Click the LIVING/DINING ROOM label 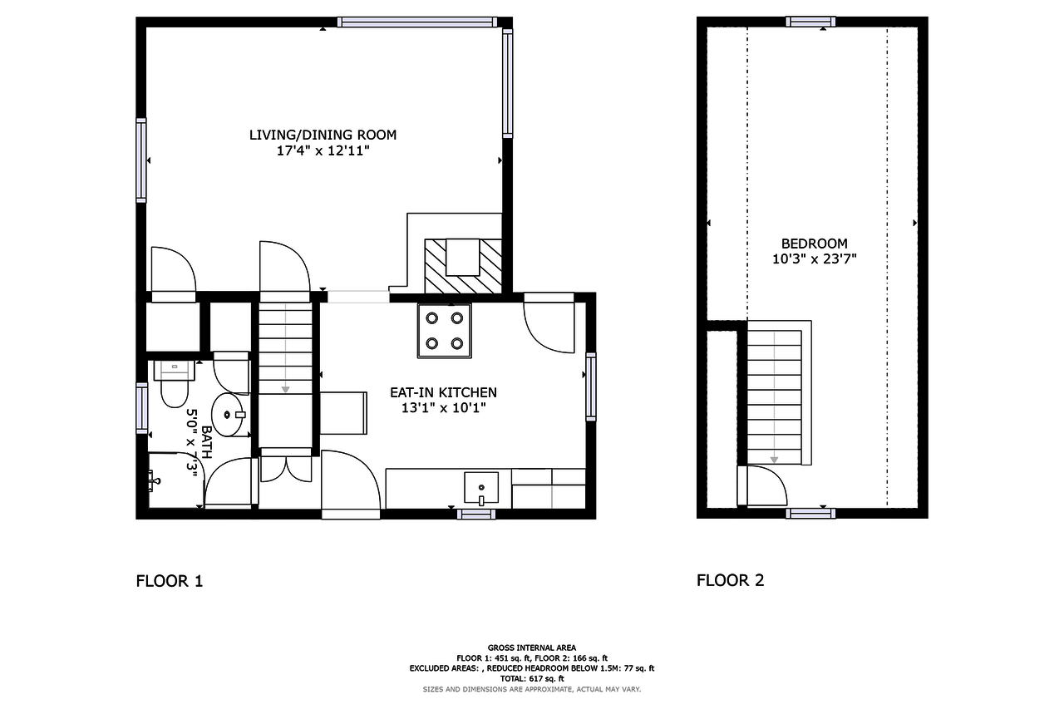point(323,135)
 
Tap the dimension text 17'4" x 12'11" point(323,151)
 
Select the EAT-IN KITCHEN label point(443,392)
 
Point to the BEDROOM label point(814,244)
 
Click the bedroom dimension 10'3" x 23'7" point(814,259)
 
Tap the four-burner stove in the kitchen point(445,331)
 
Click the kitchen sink point(481,488)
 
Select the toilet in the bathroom point(175,384)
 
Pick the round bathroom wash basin point(228,415)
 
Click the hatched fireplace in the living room point(463,266)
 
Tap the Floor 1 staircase point(285,349)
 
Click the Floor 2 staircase point(774,397)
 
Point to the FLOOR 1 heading point(170,581)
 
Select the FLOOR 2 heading point(730,580)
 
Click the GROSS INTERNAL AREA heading point(531,647)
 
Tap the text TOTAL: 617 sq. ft point(531,678)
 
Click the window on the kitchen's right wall point(591,387)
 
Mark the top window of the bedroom point(810,22)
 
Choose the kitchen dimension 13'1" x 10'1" point(444,408)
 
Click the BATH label point(207,442)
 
